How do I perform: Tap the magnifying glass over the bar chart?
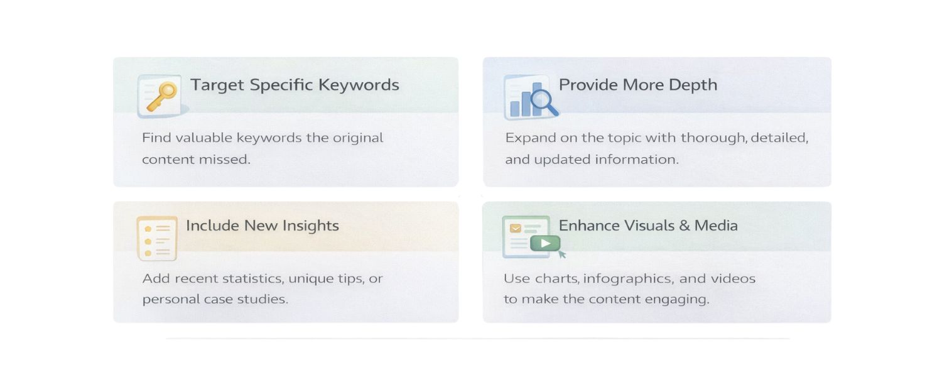(x=544, y=102)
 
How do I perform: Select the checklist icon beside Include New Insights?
(x=157, y=239)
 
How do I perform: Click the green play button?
(x=545, y=243)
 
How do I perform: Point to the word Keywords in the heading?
(x=359, y=85)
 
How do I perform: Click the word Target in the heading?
(x=217, y=85)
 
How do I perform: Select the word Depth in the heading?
(x=693, y=85)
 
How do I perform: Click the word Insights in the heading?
(x=310, y=226)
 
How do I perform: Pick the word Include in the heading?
(x=212, y=226)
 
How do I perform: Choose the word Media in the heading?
(x=716, y=226)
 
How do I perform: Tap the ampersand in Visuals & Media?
(x=685, y=226)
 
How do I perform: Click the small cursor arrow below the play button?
(x=562, y=254)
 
